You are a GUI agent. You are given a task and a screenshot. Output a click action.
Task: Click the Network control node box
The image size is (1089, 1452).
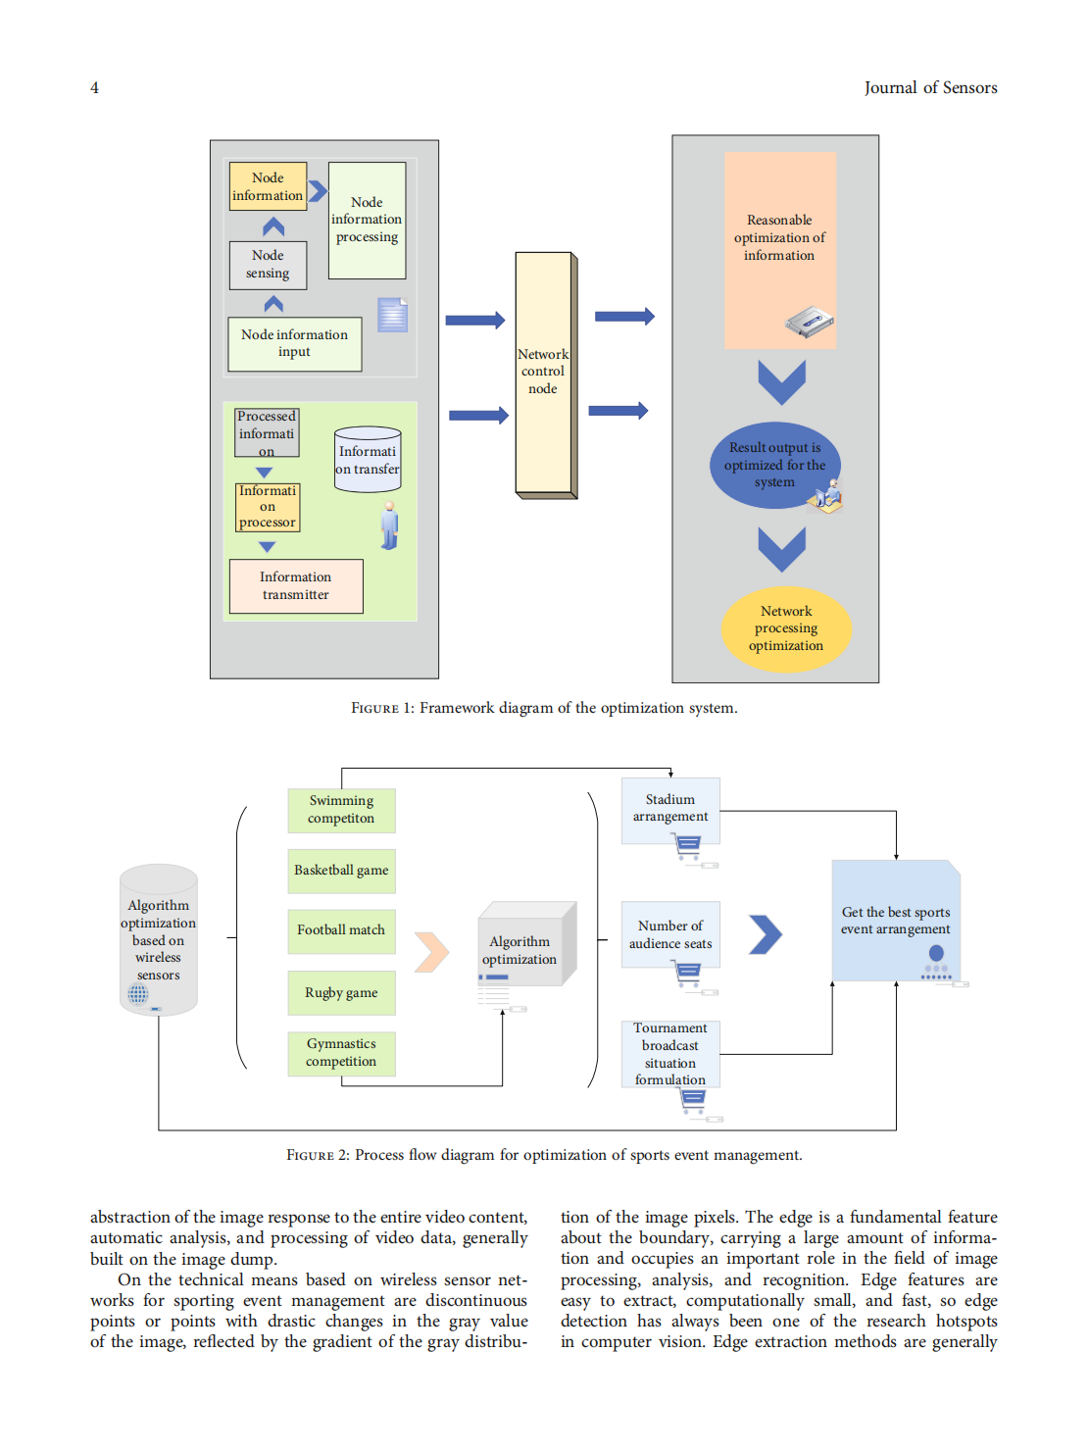[x=544, y=373]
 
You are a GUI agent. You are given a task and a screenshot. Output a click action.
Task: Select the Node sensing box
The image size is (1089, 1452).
[x=268, y=265]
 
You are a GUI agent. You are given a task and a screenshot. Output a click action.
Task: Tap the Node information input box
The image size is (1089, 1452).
[x=294, y=343]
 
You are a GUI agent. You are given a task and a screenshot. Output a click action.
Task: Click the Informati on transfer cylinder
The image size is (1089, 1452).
[x=368, y=459]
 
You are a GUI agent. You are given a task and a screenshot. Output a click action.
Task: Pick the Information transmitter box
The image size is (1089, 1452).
[x=296, y=585]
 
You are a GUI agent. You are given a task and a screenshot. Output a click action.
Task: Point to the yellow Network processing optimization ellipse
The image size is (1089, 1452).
[x=786, y=628]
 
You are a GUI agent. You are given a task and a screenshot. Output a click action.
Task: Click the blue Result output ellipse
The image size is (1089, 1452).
[x=775, y=465]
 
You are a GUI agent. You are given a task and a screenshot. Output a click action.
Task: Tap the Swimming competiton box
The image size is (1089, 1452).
[x=341, y=810]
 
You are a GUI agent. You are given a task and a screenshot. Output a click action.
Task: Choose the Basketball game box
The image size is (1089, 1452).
[x=341, y=871]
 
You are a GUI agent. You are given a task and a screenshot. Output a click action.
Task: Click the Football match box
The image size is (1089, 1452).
[x=341, y=930]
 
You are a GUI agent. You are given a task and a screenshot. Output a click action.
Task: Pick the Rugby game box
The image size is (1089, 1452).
[x=341, y=992]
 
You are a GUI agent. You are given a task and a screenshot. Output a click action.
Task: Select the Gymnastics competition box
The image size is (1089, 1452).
[x=341, y=1053]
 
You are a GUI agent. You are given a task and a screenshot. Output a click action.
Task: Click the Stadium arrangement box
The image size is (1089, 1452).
[x=670, y=810]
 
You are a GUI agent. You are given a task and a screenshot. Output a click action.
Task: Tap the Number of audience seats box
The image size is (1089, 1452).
[x=670, y=934]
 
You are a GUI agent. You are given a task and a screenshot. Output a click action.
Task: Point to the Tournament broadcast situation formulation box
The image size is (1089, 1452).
[x=670, y=1053]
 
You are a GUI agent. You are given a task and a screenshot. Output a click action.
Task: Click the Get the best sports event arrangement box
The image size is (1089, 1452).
[x=895, y=921]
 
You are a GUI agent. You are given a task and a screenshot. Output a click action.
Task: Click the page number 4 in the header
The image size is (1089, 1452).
[x=95, y=88]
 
